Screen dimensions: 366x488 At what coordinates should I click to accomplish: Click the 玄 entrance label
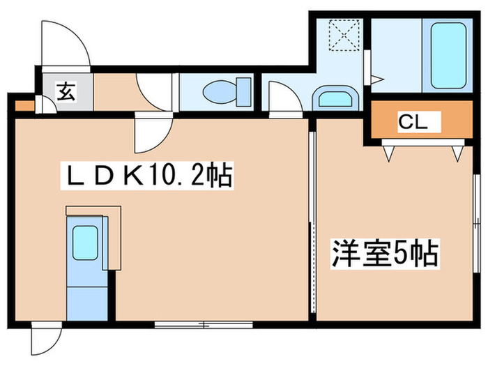66,91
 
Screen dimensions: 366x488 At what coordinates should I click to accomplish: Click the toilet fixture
227,91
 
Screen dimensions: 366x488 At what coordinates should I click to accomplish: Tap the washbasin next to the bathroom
336,97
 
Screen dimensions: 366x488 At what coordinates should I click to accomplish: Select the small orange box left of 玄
23,106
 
